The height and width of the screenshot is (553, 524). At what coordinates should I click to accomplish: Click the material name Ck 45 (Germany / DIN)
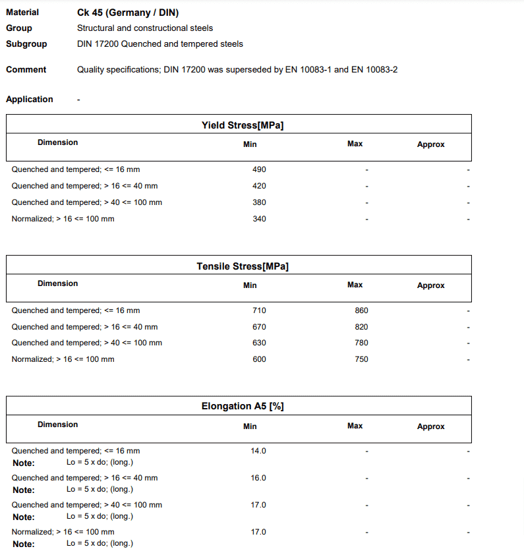click(128, 13)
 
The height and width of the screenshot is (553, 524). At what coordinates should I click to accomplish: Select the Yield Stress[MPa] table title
click(243, 125)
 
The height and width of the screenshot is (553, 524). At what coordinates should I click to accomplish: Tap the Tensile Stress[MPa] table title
click(243, 266)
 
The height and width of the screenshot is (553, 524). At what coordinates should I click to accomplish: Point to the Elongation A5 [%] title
click(243, 406)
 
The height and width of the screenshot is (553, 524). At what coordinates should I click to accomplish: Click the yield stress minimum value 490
click(259, 169)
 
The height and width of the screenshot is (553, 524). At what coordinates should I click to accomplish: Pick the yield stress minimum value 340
click(259, 219)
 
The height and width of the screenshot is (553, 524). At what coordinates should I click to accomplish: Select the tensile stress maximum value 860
click(361, 310)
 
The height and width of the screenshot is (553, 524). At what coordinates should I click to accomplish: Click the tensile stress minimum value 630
click(259, 343)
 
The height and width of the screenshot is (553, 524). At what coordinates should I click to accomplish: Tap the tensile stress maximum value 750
click(361, 359)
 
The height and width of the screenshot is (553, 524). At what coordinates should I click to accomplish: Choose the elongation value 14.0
click(258, 451)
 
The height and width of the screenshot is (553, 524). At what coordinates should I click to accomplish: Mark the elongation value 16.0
click(258, 478)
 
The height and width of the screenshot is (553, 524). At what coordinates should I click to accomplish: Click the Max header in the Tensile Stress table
click(355, 285)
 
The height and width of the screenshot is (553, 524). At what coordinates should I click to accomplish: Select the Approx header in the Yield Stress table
click(430, 144)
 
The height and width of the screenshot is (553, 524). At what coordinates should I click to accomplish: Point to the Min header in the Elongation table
click(250, 426)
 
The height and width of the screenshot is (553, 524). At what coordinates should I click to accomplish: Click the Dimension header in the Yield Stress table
click(57, 142)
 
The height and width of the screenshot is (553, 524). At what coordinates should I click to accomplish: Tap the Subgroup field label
click(26, 44)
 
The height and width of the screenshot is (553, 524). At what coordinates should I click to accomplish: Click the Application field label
click(30, 100)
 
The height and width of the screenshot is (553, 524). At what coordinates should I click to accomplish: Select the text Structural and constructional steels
click(145, 28)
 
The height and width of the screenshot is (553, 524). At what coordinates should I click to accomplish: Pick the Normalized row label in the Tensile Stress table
click(63, 359)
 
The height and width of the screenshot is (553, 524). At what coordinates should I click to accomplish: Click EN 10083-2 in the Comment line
click(374, 70)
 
